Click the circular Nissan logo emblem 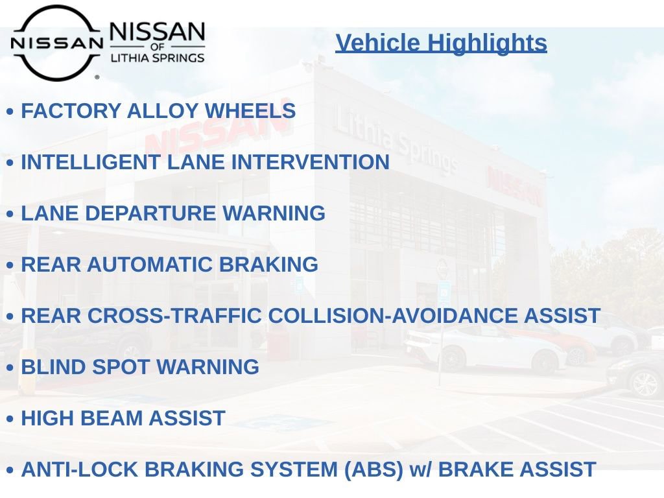click(x=56, y=43)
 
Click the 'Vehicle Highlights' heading click(x=441, y=43)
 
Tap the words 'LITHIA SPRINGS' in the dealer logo click(x=158, y=58)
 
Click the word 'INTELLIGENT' click(x=91, y=162)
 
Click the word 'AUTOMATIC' click(x=150, y=265)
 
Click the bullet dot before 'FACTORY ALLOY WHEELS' click(x=10, y=112)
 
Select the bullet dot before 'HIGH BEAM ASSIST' click(x=10, y=420)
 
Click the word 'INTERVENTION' click(x=311, y=162)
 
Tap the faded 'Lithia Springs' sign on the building click(x=396, y=143)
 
